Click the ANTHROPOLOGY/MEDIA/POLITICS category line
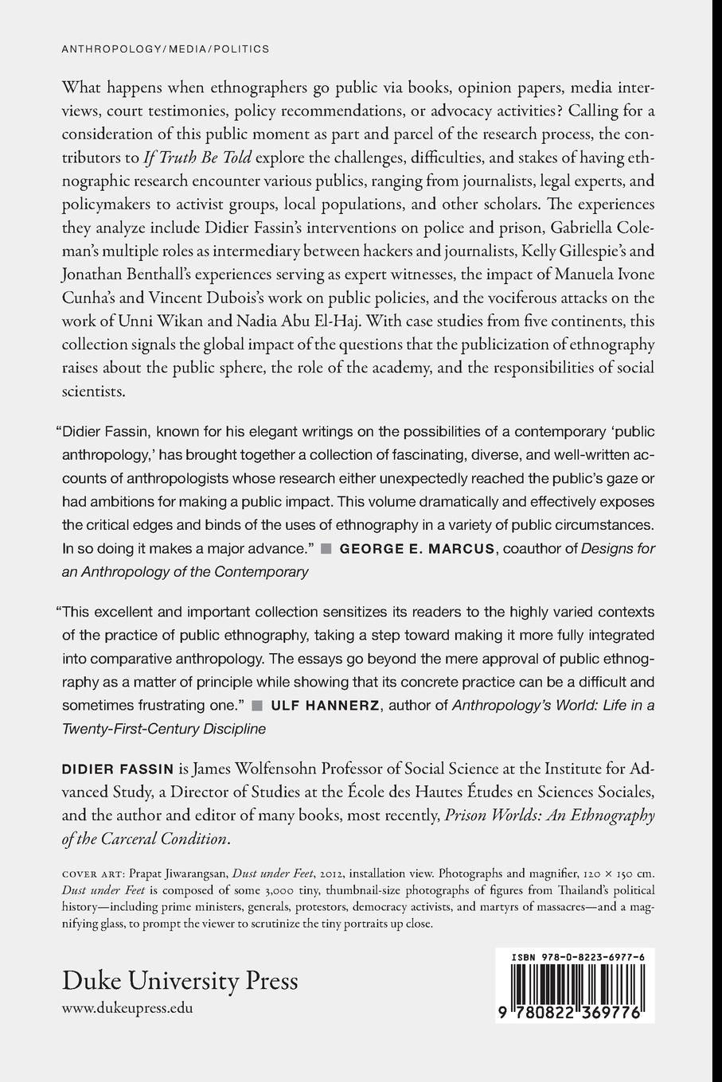point(165,49)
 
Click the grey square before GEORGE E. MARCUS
point(326,548)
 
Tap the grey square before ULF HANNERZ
point(257,705)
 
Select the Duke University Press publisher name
point(180,980)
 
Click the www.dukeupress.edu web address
point(127,1007)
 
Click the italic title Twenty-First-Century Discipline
point(164,728)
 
